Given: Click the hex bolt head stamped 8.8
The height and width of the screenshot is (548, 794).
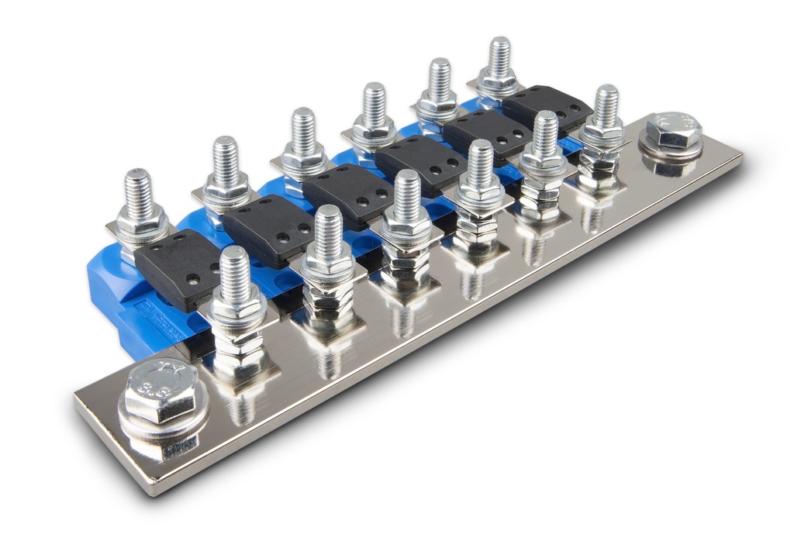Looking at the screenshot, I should click(x=161, y=391).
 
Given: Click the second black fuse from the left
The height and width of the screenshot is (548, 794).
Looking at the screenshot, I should click(x=268, y=230).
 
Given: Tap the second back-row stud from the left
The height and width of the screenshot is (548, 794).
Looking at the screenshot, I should click(x=226, y=166).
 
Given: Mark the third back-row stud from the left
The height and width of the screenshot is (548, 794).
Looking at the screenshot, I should click(x=303, y=138).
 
